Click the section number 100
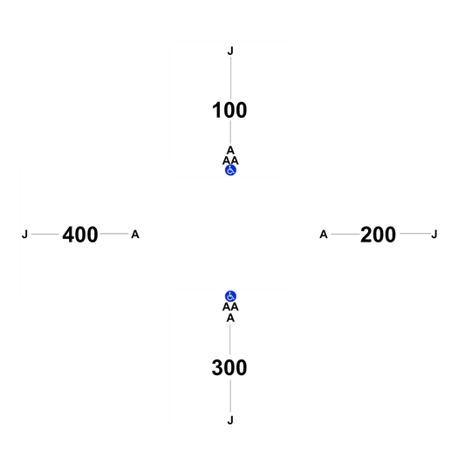pos(229,111)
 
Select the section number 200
pos(378,235)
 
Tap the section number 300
pos(229,368)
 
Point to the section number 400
pos(80,235)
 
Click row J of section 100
pos(230,51)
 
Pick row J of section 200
pos(434,235)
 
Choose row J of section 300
pos(230,420)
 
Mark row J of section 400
pos(24,235)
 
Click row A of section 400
pos(135,235)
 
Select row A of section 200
pos(324,235)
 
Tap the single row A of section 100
pos(230,150)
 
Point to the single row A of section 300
pos(230,318)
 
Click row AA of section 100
pos(230,161)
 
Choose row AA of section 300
pos(230,307)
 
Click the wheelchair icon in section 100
pos(230,170)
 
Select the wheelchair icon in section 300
pos(230,297)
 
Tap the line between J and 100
pos(231,79)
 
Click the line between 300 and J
pos(230,396)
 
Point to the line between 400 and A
pos(114,234)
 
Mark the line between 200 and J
pos(415,234)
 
